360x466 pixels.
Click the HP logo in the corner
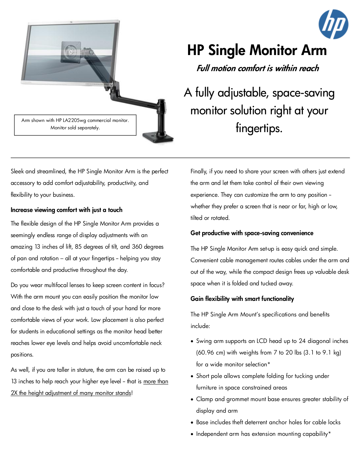pyautogui.click(x=333, y=24)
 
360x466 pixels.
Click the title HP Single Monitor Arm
pyautogui.click(x=257, y=50)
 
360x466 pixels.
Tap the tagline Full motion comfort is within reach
pyautogui.click(x=258, y=68)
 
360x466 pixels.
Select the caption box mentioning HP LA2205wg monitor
pyautogui.click(x=75, y=124)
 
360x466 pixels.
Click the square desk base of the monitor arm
pyautogui.click(x=158, y=137)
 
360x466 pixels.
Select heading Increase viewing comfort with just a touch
pyautogui.click(x=67, y=210)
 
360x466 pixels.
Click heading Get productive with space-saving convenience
pyautogui.click(x=252, y=233)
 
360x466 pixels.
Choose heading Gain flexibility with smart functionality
pyautogui.click(x=242, y=299)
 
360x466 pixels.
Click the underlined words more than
pyautogui.click(x=156, y=381)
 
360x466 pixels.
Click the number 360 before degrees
pyautogui.click(x=137, y=247)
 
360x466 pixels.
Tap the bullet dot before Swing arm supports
pyautogui.click(x=192, y=342)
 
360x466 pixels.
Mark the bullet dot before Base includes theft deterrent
pyautogui.click(x=192, y=423)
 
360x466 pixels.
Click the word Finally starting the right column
pyautogui.click(x=198, y=171)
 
